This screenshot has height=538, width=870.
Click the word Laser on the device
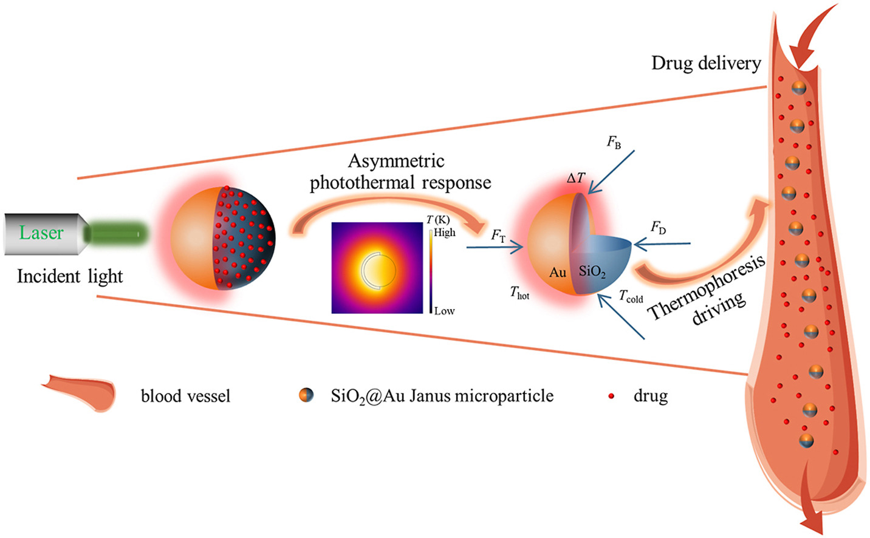coord(41,233)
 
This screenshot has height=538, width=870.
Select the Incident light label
coord(70,276)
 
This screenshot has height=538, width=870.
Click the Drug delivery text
coord(706,63)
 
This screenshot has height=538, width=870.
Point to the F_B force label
coord(614,142)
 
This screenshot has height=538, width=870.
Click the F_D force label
coord(658,228)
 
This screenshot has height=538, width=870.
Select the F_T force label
coord(498,236)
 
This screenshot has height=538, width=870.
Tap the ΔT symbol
coord(575,178)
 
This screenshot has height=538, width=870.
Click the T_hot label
coord(519,293)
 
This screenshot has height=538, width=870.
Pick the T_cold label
coord(631,296)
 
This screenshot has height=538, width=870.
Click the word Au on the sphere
coord(558,272)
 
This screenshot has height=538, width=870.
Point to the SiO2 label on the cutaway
coord(592,271)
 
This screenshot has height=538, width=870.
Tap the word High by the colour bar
coord(445,232)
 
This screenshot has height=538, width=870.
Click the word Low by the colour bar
coord(444,311)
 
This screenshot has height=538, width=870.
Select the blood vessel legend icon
coord(79,392)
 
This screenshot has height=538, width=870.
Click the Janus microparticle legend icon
coord(306,396)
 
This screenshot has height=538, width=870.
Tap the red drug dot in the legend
coord(611,397)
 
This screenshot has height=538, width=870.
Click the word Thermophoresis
coord(705,288)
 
